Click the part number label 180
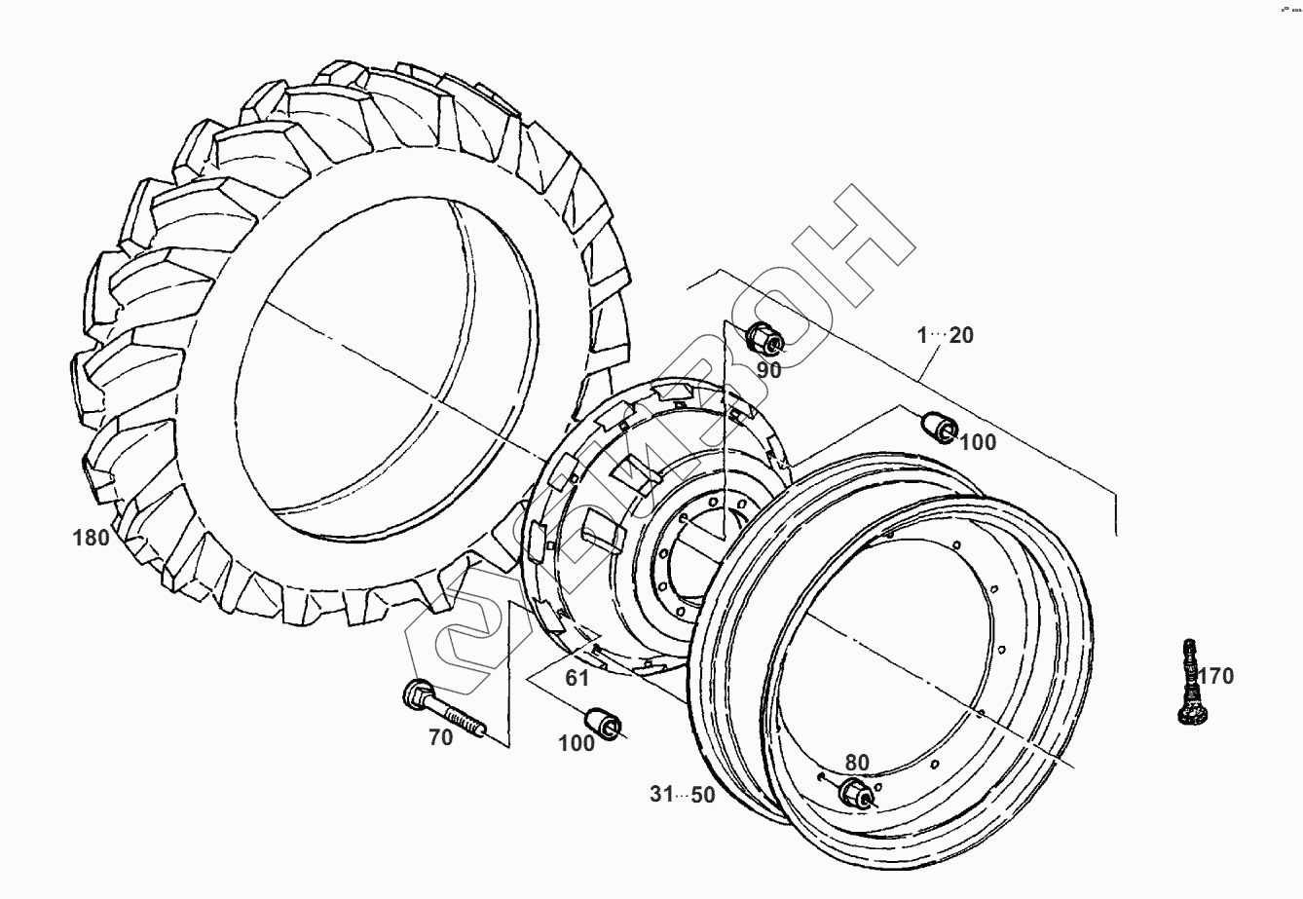(x=91, y=537)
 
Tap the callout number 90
(x=769, y=369)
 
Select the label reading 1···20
(x=944, y=335)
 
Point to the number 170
(x=1215, y=675)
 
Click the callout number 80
(x=857, y=763)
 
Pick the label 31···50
(x=683, y=795)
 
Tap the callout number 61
(x=577, y=678)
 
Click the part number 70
(x=441, y=737)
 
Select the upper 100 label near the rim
(x=978, y=443)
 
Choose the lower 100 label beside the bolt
(x=577, y=744)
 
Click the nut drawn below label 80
(x=855, y=793)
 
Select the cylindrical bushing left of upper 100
(x=938, y=427)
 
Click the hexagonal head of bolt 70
(x=414, y=695)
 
